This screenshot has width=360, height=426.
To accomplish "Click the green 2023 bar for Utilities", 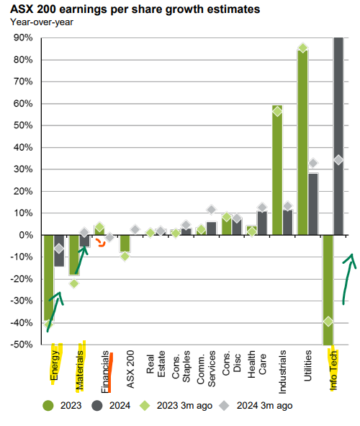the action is pyautogui.click(x=302, y=143).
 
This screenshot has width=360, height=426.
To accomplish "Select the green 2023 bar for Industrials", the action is pyautogui.click(x=277, y=170).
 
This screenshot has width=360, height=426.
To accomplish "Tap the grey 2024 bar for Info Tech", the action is pyautogui.click(x=338, y=136).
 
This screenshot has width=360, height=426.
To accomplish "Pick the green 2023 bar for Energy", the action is pyautogui.click(x=49, y=278).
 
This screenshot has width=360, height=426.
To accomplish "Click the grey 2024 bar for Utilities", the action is pyautogui.click(x=312, y=204).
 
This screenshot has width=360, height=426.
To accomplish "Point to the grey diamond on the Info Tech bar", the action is pyautogui.click(x=338, y=160).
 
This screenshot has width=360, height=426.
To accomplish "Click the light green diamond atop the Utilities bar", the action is pyautogui.click(x=302, y=48).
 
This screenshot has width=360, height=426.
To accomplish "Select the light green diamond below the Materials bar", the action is pyautogui.click(x=74, y=283).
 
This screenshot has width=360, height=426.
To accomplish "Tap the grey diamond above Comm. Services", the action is pyautogui.click(x=212, y=210).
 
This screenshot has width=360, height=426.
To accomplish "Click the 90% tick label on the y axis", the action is pyautogui.click(x=23, y=37).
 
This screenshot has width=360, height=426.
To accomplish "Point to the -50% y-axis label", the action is pyautogui.click(x=22, y=345).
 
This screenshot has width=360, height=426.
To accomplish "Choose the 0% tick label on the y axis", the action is pyautogui.click(x=26, y=235).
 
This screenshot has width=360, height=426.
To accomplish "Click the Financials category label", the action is pyautogui.click(x=105, y=372).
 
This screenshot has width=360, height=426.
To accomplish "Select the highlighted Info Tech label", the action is pyautogui.click(x=333, y=370).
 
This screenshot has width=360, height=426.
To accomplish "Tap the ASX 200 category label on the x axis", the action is pyautogui.click(x=130, y=369).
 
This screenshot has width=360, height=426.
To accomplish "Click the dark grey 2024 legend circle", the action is pyautogui.click(x=97, y=406).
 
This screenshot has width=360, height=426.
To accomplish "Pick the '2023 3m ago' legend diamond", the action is pyautogui.click(x=145, y=406).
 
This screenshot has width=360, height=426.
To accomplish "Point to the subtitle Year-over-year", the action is pyautogui.click(x=42, y=22).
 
